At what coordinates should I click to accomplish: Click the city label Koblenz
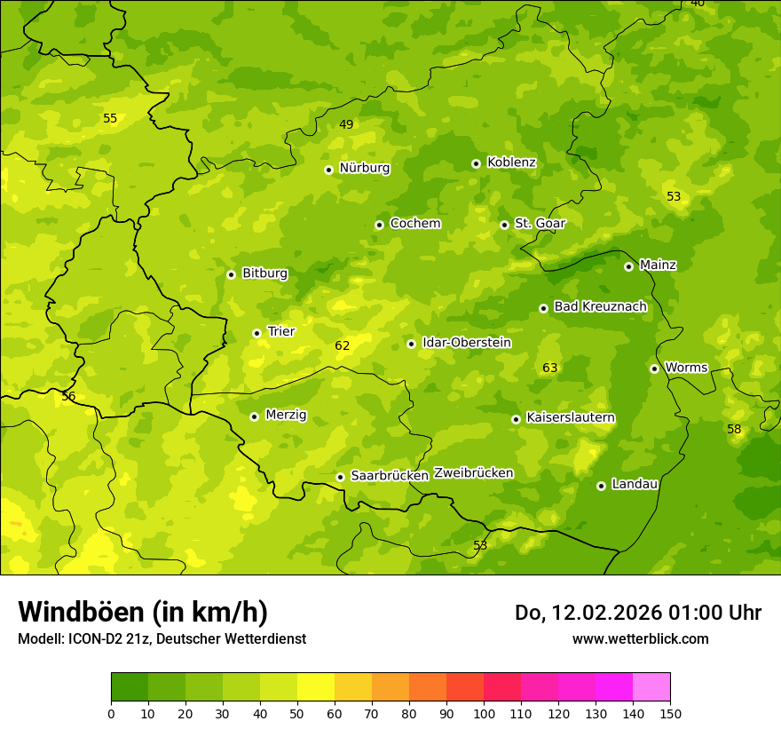(511, 162)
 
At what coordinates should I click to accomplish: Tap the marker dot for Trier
(257, 333)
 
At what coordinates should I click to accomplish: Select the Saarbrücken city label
(390, 476)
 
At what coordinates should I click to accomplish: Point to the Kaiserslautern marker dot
(516, 419)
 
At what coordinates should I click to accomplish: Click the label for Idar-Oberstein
(466, 343)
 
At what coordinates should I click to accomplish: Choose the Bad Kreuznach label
(600, 306)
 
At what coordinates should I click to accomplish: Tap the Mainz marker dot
(628, 266)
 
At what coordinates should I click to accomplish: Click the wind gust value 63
(550, 368)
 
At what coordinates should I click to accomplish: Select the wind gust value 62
(343, 345)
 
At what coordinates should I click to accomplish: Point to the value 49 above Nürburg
(346, 124)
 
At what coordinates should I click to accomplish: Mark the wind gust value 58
(734, 429)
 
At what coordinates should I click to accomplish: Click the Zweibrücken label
(473, 473)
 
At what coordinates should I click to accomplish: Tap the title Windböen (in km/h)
(143, 612)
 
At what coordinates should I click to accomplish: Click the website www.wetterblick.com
(640, 638)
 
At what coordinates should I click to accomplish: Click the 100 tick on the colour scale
(484, 713)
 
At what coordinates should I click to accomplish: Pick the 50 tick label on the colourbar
(297, 713)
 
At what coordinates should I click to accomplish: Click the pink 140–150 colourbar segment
(651, 687)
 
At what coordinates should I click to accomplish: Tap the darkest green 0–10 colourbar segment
(130, 687)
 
